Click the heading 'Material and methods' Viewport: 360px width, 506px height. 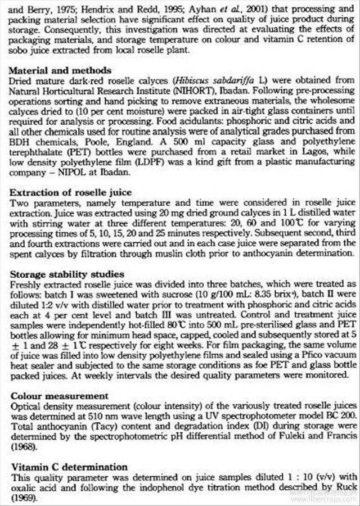click(61, 71)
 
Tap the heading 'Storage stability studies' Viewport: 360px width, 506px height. click(67, 274)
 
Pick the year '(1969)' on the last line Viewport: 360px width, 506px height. click(23, 498)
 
